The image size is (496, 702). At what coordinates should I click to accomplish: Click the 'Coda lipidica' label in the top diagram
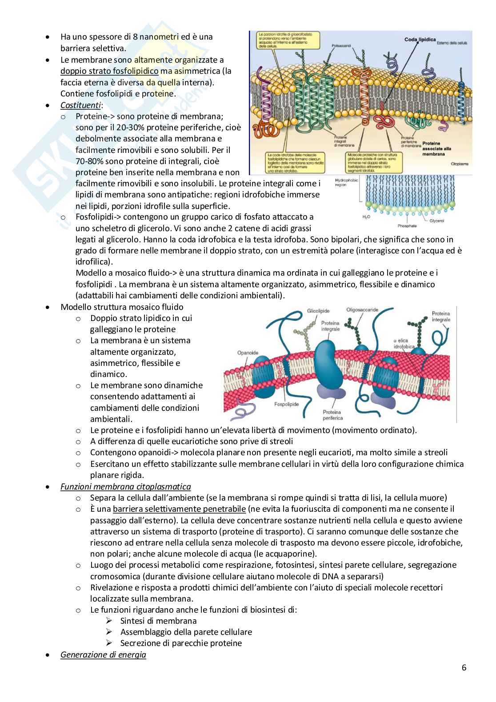(x=420, y=40)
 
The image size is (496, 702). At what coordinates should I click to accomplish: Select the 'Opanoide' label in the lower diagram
(x=248, y=353)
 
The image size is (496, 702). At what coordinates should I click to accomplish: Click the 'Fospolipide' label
(x=287, y=405)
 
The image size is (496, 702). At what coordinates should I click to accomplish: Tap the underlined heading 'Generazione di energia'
(x=103, y=654)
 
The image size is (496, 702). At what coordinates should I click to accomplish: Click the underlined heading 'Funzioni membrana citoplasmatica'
(x=126, y=486)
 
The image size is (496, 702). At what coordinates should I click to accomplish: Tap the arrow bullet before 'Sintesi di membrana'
(x=109, y=621)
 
